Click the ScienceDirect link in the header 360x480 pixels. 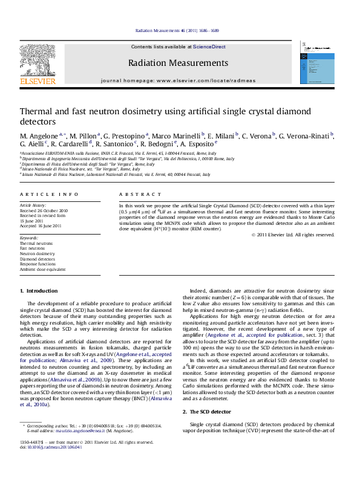click(x=209, y=47)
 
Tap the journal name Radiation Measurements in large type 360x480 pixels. click(x=178, y=63)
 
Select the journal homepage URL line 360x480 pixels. click(x=178, y=80)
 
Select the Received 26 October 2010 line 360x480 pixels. click(x=44, y=211)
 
